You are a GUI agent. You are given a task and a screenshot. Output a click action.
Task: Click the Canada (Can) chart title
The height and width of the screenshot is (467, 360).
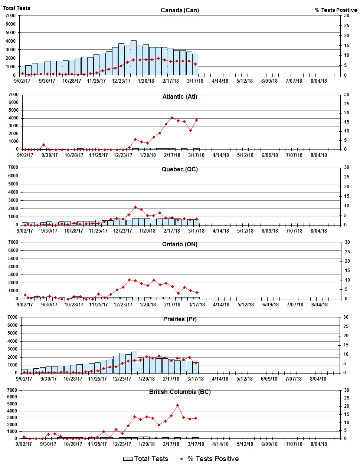[180, 10]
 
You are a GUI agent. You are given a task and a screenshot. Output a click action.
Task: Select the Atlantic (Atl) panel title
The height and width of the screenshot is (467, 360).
[180, 96]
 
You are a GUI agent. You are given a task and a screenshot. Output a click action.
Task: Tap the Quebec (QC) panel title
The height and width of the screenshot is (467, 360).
[180, 169]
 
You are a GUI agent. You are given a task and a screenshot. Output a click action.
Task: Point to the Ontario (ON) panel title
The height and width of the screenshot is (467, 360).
[180, 244]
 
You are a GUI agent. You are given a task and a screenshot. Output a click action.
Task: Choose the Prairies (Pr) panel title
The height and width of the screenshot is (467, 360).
[180, 319]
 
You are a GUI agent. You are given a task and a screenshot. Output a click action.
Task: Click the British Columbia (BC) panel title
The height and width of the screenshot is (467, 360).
[180, 392]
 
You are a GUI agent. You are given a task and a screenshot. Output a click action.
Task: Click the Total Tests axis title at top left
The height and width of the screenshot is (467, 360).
[17, 8]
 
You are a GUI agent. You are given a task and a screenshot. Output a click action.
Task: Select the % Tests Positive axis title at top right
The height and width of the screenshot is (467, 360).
[336, 10]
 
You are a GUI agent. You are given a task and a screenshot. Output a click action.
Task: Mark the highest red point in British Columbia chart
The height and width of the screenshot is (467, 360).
[177, 405]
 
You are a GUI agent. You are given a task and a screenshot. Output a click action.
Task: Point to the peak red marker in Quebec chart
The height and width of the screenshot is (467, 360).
[135, 207]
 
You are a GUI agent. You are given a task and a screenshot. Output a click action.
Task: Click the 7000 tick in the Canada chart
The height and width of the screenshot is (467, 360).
[11, 16]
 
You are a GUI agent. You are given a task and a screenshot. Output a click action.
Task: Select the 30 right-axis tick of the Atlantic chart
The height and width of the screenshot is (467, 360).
[347, 95]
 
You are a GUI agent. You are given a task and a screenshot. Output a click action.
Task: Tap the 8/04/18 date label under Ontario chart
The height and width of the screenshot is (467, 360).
[320, 305]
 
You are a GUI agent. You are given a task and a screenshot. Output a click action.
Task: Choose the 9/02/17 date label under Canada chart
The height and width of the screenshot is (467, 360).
[22, 81]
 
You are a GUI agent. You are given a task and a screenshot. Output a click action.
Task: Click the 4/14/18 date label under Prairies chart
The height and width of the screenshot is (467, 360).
[220, 379]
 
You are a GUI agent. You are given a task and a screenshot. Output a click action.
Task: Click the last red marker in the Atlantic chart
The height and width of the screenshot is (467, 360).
[196, 120]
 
